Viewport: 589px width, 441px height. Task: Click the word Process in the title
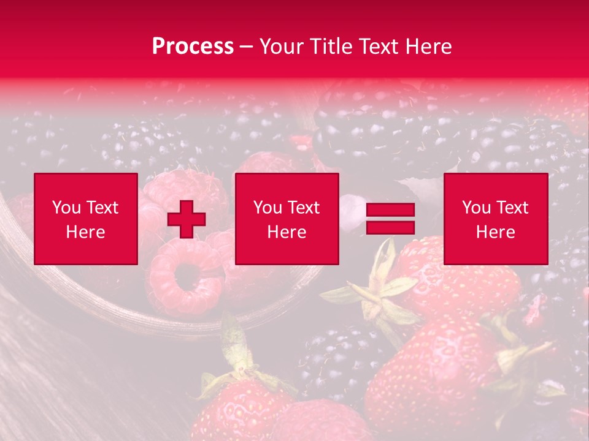[x=193, y=47]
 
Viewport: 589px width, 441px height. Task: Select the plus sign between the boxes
[x=187, y=219]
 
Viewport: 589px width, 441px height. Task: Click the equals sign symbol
[x=390, y=219]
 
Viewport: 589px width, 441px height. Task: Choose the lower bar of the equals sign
[x=390, y=227]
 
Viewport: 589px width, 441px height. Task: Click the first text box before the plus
[x=86, y=219]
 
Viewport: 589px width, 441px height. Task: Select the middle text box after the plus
[x=287, y=219]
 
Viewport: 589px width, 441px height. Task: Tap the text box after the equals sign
[x=495, y=219]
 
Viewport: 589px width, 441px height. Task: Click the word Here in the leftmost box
[x=86, y=232]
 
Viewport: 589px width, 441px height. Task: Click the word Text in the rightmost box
[x=512, y=208]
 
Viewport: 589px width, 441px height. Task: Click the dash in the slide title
[x=246, y=47]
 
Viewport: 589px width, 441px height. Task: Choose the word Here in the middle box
[x=287, y=232]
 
